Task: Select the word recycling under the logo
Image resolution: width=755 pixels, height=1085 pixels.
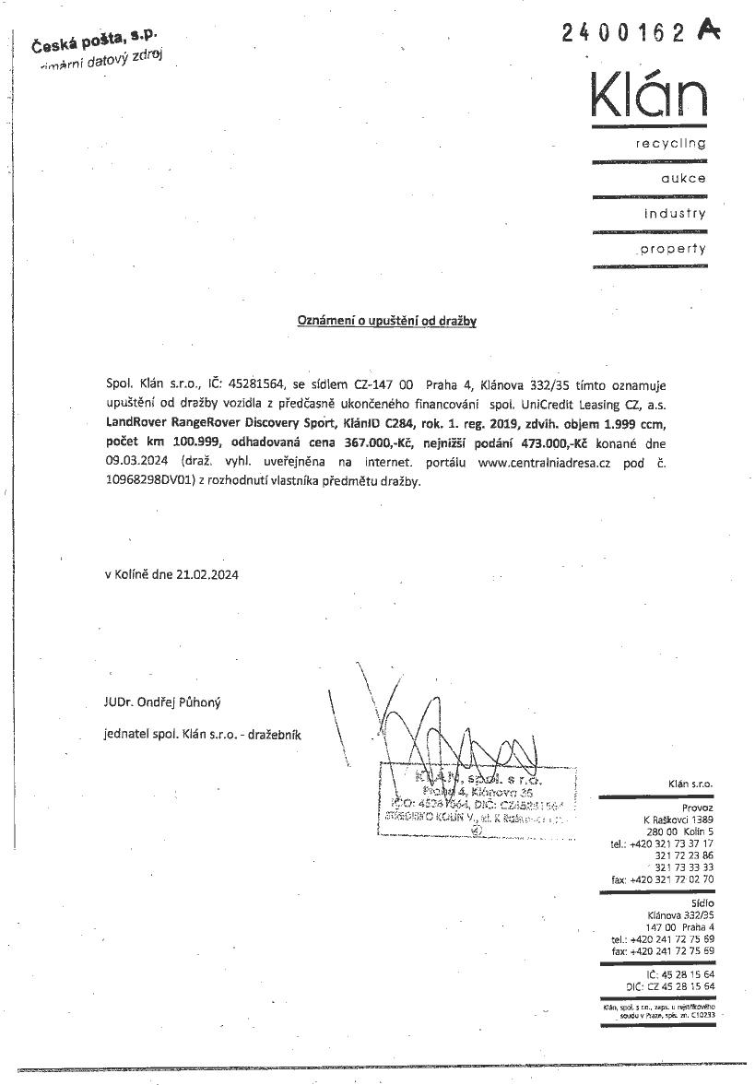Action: click(670, 144)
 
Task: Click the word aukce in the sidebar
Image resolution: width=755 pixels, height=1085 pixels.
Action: click(684, 179)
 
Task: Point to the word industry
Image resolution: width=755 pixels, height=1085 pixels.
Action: click(675, 214)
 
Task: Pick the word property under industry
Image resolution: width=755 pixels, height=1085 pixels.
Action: click(673, 249)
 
